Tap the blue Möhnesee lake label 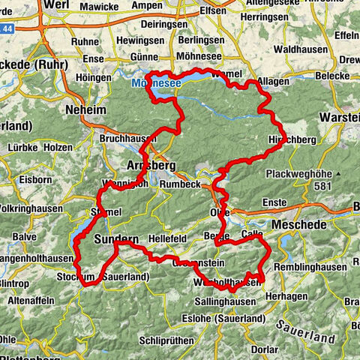[x=156, y=83]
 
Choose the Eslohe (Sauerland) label [x=222, y=319]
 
